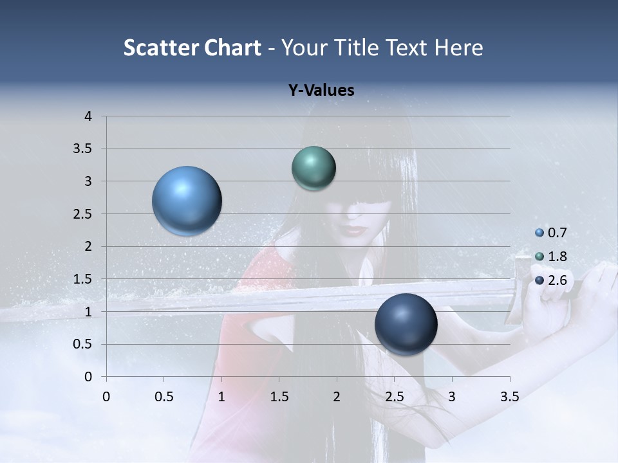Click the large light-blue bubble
pos(187,201)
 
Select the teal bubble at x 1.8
pos(314,168)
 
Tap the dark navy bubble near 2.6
pos(406,325)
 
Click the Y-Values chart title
pos(321,91)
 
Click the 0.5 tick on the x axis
pos(164,397)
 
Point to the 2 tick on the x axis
pos(337,397)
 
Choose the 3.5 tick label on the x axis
pos(509,397)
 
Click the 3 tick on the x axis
pos(452,397)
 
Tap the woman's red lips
pos(353,229)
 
